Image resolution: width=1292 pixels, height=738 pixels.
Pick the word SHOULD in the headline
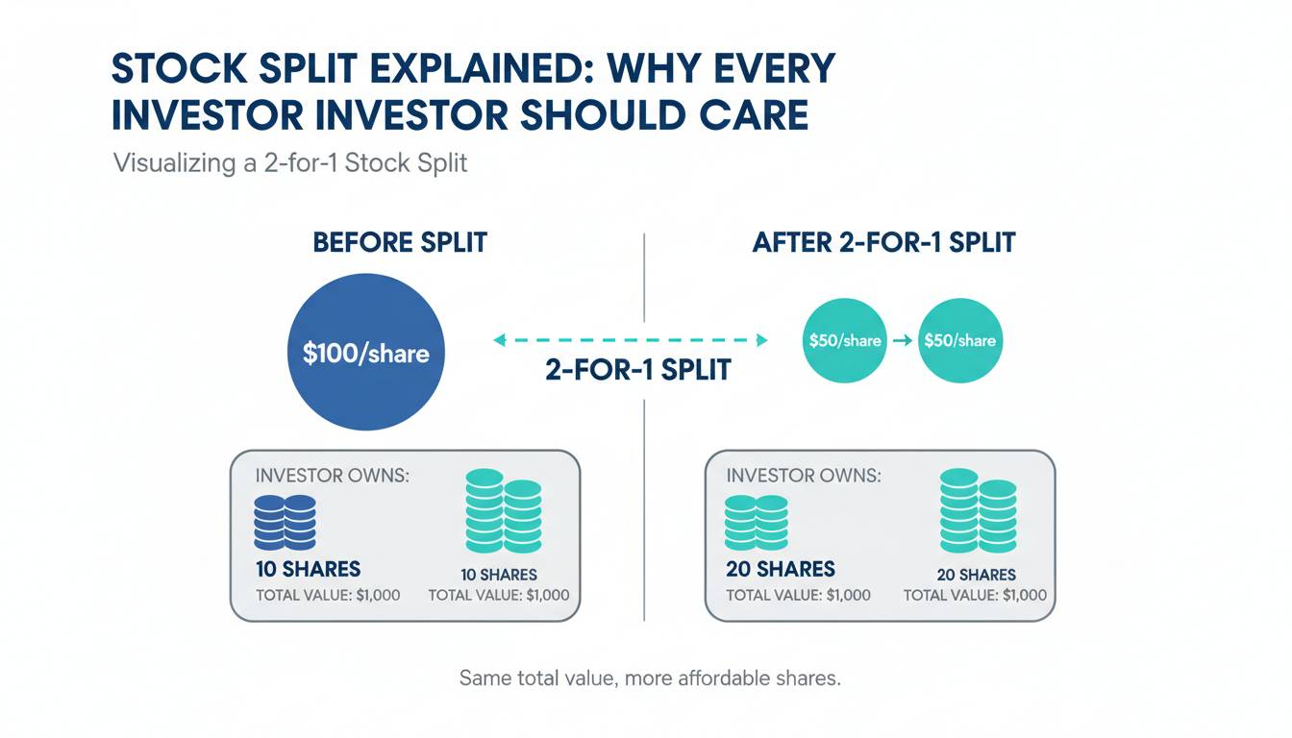click(602, 114)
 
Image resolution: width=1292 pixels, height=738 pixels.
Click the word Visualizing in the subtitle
click(175, 163)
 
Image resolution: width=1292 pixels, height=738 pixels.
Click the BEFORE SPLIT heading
click(400, 242)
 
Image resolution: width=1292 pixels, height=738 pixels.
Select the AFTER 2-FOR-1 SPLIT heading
click(883, 242)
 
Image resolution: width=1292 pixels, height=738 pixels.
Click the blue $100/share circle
click(365, 352)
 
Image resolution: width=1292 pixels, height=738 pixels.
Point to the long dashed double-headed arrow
click(631, 340)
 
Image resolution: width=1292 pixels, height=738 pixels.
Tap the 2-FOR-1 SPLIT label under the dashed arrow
click(638, 370)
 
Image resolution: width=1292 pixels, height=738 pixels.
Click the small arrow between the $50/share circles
click(902, 340)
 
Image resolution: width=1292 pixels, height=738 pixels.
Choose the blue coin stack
click(285, 523)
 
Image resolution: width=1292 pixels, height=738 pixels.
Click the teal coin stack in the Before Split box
click(504, 511)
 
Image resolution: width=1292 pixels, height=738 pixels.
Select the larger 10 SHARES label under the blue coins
click(308, 569)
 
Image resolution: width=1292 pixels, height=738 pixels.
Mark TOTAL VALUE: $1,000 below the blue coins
click(328, 595)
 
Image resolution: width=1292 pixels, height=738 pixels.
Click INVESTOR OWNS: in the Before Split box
click(333, 476)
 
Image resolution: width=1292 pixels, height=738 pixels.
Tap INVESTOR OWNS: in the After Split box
click(804, 476)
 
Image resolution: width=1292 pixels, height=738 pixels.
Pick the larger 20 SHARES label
click(781, 569)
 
